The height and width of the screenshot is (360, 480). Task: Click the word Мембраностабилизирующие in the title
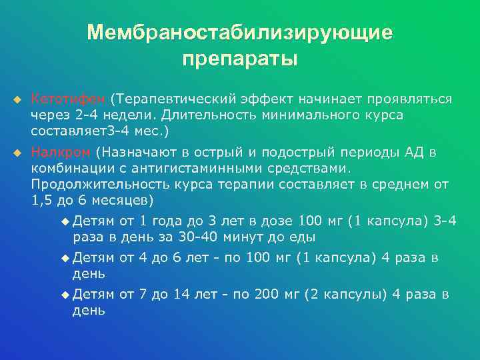pos(239,33)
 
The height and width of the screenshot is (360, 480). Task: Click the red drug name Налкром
pos(61,152)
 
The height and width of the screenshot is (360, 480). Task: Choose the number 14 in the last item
pos(181,294)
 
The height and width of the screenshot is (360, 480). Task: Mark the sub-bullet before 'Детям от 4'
pos(64,257)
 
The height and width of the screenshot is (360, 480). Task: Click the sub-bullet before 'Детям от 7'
pos(64,294)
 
